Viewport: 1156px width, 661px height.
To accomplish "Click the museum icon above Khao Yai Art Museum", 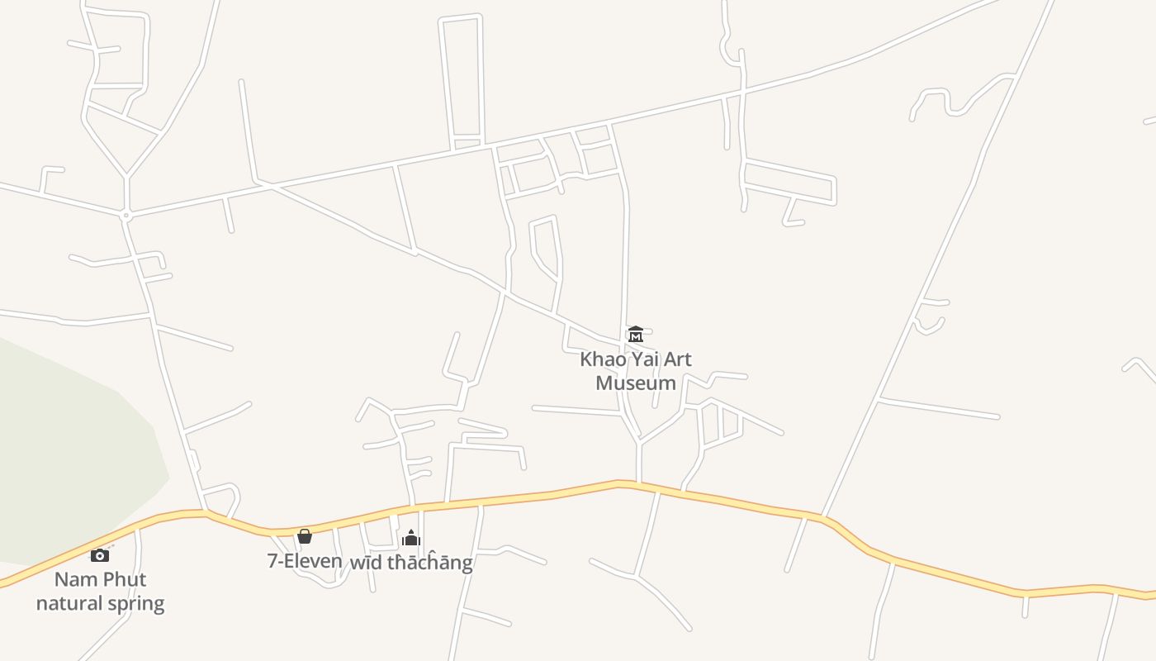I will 636,335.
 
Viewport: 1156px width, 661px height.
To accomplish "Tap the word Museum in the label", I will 636,383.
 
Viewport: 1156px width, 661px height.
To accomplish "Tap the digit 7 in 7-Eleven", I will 272,561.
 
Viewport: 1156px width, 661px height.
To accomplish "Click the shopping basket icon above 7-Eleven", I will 305,537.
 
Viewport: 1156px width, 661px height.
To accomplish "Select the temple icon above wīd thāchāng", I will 411,539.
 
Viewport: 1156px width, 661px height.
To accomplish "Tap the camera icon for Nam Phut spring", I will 100,555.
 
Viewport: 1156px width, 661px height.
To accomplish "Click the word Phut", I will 125,579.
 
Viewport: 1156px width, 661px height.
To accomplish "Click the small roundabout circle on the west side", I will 126,216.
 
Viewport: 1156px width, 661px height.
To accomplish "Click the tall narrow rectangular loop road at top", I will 462,78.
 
